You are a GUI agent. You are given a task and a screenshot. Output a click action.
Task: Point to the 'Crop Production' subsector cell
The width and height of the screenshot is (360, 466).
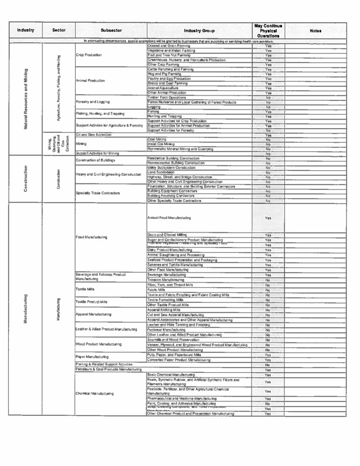click(x=90, y=55)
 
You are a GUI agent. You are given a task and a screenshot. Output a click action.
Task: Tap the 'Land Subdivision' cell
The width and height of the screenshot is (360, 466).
click(x=161, y=172)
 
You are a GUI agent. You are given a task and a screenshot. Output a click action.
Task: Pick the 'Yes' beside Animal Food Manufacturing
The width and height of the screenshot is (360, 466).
click(x=268, y=218)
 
